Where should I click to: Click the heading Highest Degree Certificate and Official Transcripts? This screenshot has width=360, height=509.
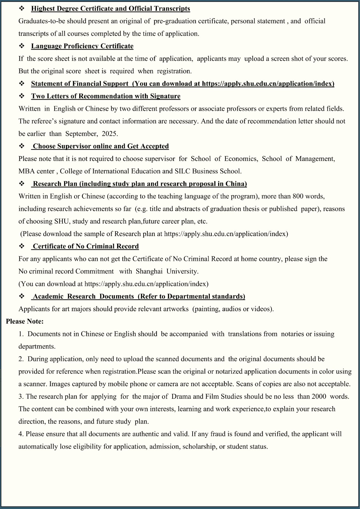[x=110, y=9]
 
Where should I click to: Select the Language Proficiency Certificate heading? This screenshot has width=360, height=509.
[x=82, y=46]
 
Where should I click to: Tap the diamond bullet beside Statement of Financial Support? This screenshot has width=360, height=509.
[x=22, y=84]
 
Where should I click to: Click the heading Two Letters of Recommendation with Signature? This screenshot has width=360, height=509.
[x=106, y=96]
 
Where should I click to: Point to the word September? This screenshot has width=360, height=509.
[x=81, y=134]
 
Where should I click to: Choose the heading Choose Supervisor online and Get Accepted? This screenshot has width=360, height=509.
[x=101, y=146]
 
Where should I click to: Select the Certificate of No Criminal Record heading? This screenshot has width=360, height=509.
[x=86, y=246]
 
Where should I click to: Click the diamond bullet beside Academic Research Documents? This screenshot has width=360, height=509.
[x=22, y=296]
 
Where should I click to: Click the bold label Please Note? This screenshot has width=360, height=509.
[x=25, y=321]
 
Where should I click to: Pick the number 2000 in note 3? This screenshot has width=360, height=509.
[x=319, y=396]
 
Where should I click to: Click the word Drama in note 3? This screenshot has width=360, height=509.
[x=181, y=396]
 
